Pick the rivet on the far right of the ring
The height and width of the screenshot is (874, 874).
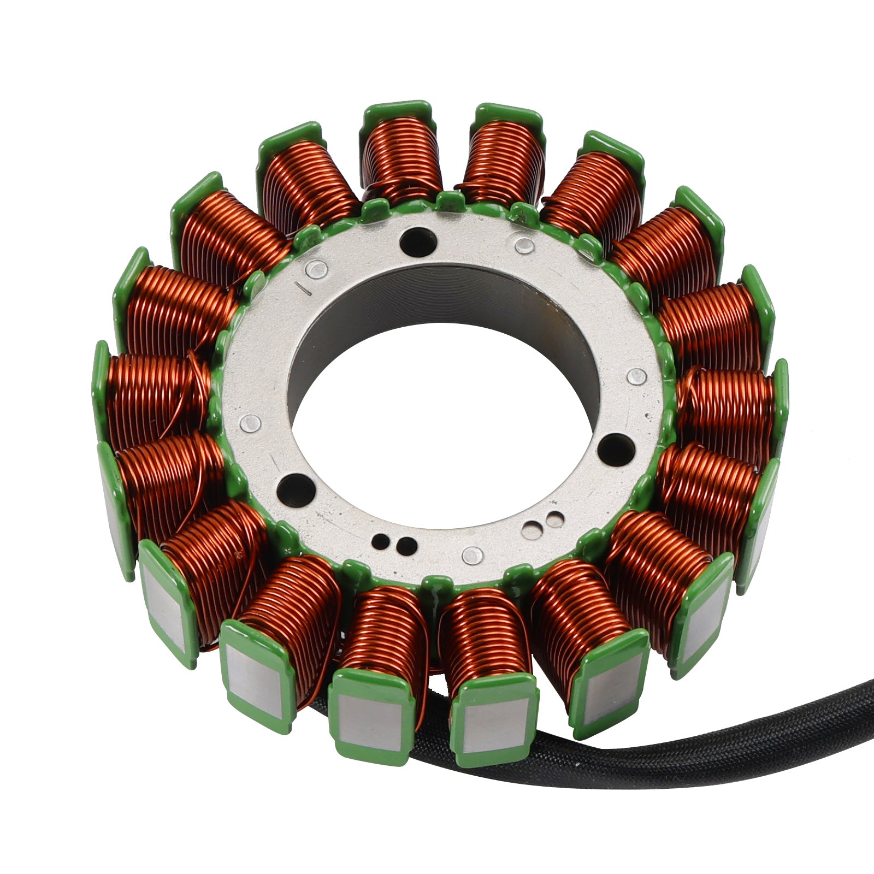click(637, 375)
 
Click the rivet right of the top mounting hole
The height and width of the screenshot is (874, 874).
click(524, 244)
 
